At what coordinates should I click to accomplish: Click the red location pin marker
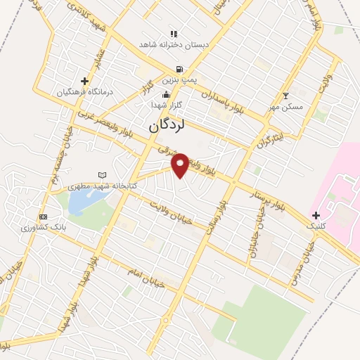click(181, 165)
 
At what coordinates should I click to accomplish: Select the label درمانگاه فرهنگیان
click(85, 92)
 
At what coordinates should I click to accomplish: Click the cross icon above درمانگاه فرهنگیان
click(84, 81)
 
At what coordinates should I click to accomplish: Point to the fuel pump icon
click(180, 70)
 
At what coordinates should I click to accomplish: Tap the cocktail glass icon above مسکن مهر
click(285, 96)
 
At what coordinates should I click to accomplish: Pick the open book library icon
click(103, 175)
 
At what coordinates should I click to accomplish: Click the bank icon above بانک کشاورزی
click(44, 217)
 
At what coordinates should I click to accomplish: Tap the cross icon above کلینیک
click(316, 214)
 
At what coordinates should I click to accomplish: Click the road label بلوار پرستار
click(271, 200)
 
